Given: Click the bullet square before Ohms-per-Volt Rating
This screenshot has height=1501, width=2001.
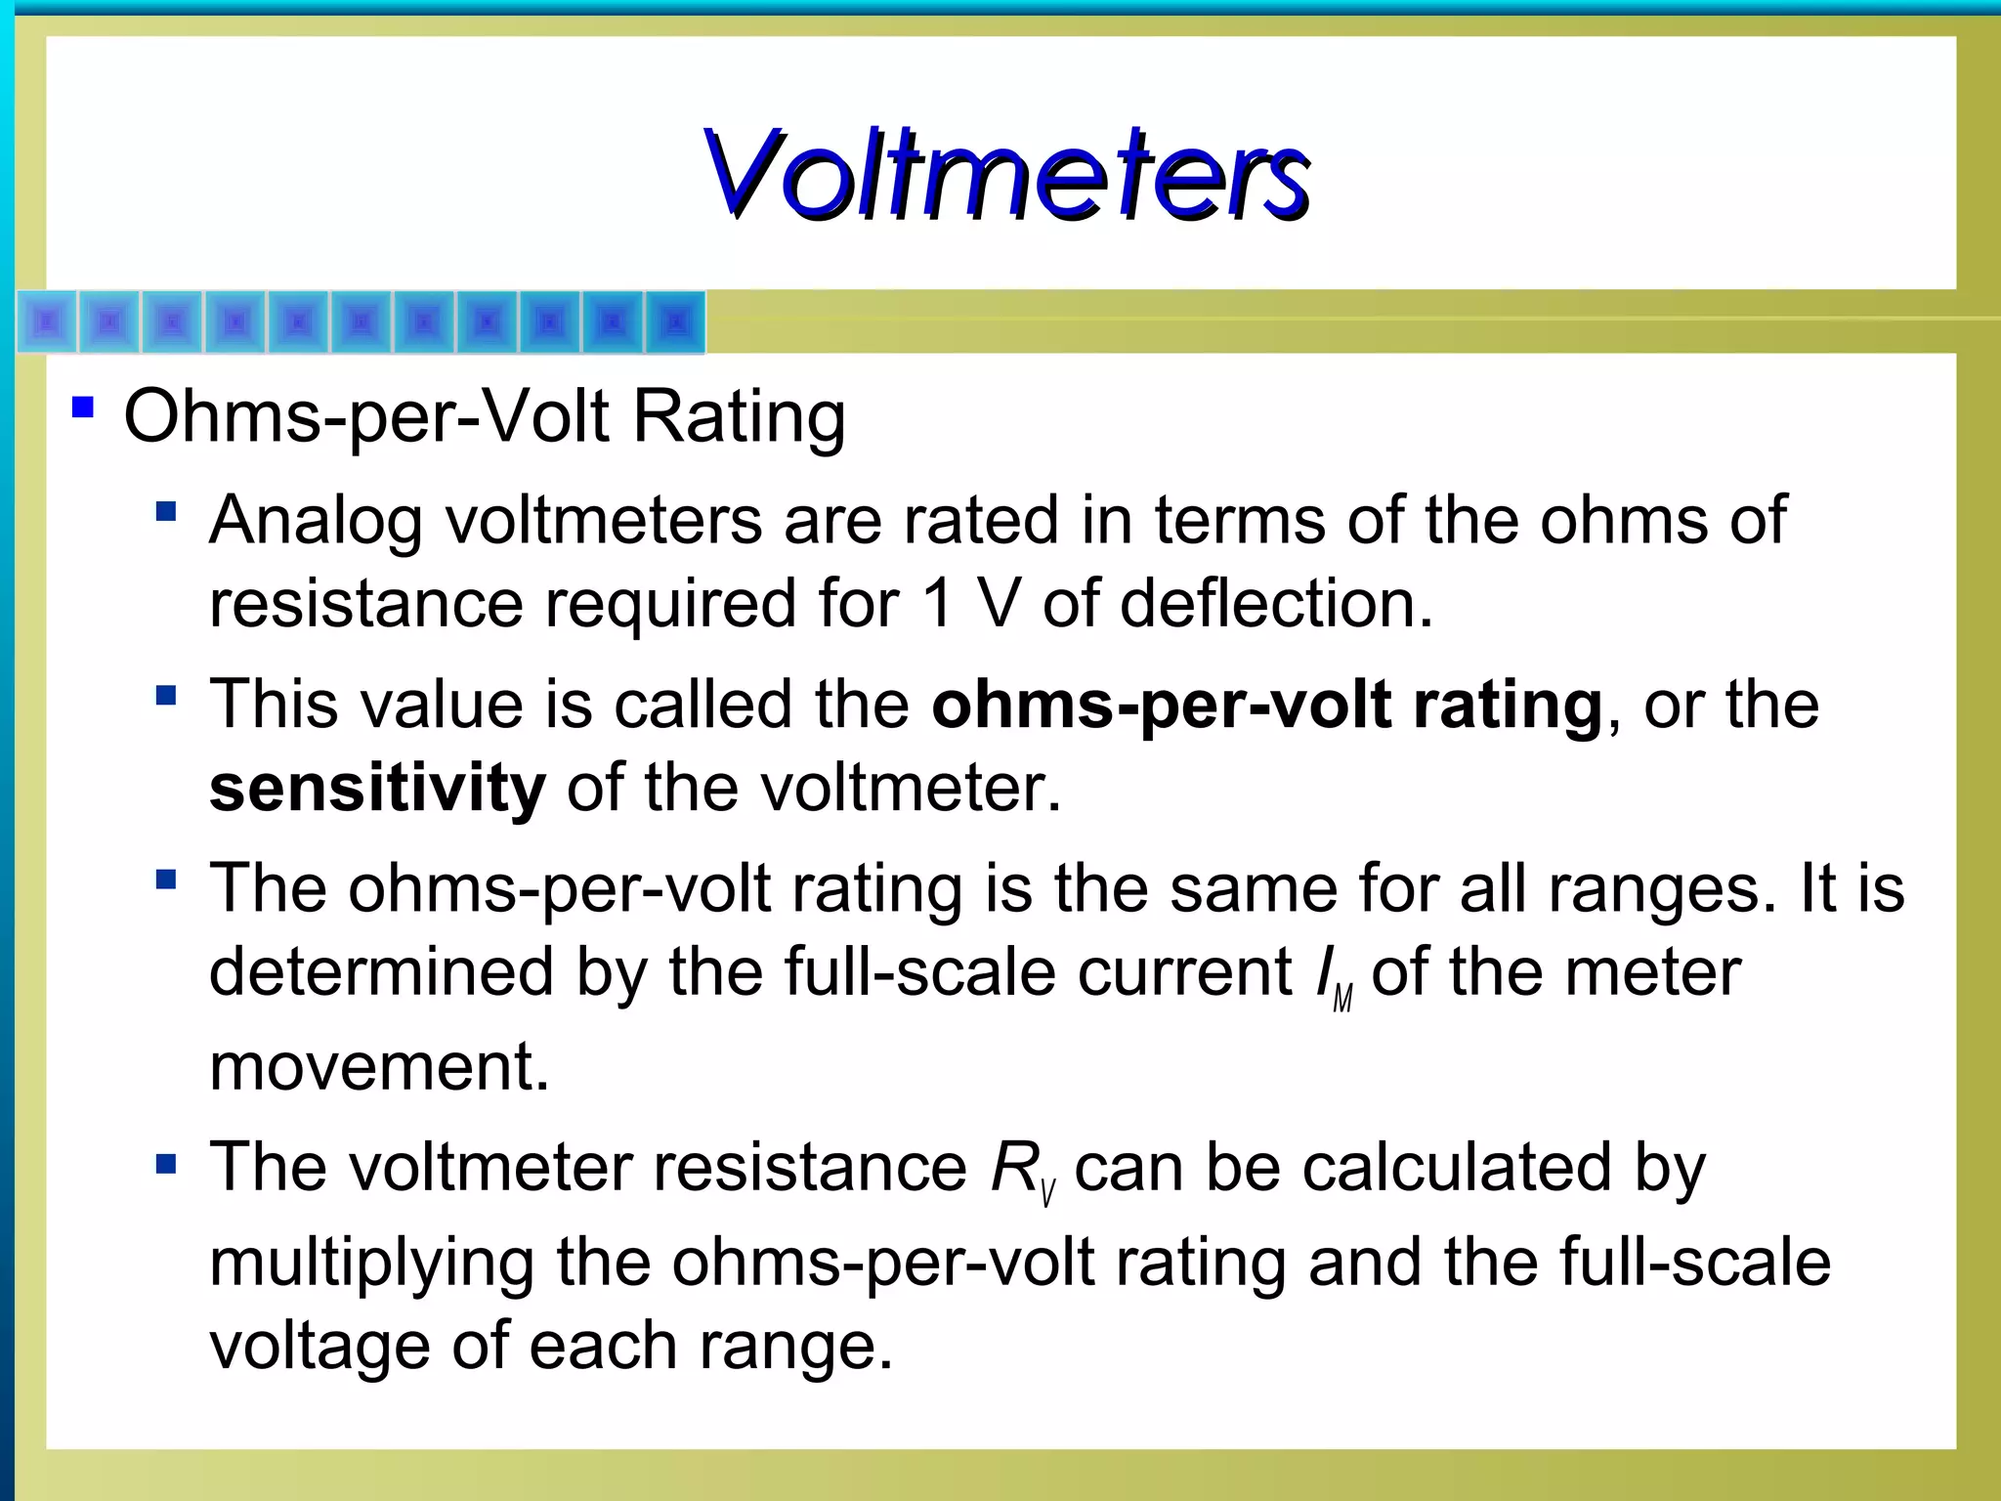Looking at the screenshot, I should pos(83,407).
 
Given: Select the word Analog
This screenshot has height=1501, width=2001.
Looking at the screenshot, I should pos(316,521).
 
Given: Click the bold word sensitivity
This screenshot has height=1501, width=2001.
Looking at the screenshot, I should pos(377,788).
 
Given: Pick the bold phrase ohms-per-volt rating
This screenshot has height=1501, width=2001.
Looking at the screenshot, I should pos(1267,706).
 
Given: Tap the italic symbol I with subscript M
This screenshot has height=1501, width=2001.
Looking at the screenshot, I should pos(1333,977).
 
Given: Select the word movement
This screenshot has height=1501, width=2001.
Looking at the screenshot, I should pos(379,1067).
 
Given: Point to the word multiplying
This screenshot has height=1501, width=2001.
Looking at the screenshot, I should pos(371,1264).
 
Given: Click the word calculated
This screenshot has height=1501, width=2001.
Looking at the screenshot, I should pos(1456,1168).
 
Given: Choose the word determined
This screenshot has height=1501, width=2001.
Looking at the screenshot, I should pos(382,973).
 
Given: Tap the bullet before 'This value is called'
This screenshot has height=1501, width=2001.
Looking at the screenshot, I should pos(166,696).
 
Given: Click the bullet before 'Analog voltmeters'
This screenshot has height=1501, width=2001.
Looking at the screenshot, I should pos(166,511).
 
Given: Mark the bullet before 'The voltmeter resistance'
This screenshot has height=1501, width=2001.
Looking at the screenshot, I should pos(166,1164).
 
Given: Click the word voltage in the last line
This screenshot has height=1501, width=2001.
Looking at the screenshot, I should pos(319,1347).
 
